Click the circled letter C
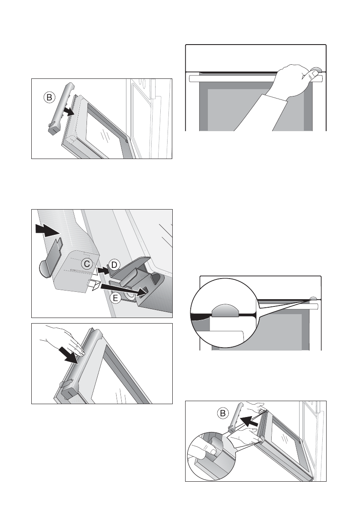[87, 264]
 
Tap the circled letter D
[114, 265]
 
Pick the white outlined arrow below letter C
[94, 285]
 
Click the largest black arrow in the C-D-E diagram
[48, 230]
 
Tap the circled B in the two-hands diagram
[223, 414]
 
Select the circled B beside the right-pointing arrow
[49, 98]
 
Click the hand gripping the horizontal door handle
[293, 80]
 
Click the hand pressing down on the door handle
[65, 342]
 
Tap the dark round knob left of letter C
[44, 269]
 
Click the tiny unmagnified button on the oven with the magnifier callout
[313, 298]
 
